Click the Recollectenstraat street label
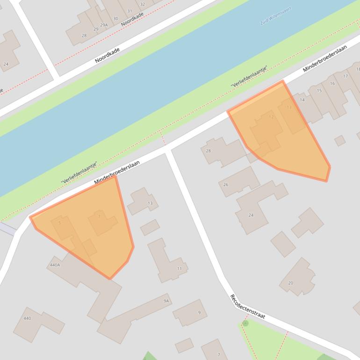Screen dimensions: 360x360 tap(247, 307)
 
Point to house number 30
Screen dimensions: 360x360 tap(115, 19)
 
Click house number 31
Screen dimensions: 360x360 tap(130, 11)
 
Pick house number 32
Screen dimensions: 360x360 tap(143, 4)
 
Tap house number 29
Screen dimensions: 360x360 tap(96, 29)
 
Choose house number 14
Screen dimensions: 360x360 tap(302, 100)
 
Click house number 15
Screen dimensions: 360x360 tap(319, 91)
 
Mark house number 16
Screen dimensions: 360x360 tap(332, 84)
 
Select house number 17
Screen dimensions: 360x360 tap(346, 76)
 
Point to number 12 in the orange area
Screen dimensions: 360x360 tap(271, 117)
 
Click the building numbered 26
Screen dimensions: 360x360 tap(226, 185)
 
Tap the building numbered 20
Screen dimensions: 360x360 tap(290, 283)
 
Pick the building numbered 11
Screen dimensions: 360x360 tap(179, 268)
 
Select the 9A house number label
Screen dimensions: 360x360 tap(166, 301)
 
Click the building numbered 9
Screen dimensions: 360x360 tap(199, 312)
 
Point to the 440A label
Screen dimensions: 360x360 tap(55, 265)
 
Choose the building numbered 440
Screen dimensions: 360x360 tap(27, 318)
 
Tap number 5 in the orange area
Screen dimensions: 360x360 tap(60, 223)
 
